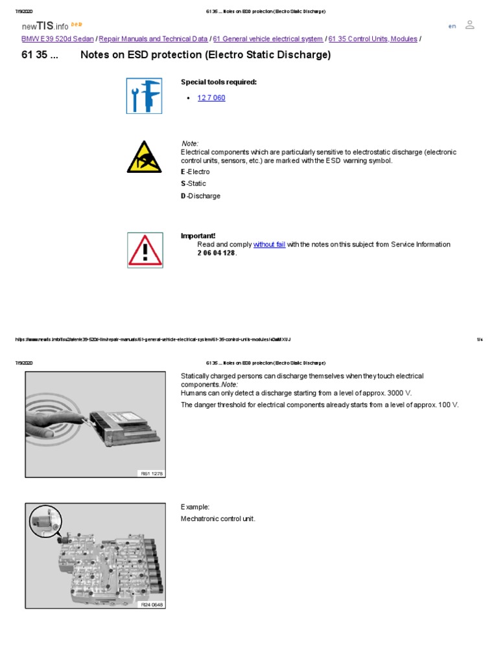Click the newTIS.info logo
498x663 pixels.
[x=45, y=25]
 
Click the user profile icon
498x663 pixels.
[x=470, y=25]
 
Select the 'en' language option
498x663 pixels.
[x=452, y=26]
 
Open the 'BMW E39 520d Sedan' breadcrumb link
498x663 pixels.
[x=58, y=39]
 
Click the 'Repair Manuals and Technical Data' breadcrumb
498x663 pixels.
[x=154, y=39]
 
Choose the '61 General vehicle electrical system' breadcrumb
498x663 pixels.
[x=268, y=39]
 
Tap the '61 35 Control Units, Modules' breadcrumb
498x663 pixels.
[x=373, y=39]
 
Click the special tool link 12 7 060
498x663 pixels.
[x=211, y=98]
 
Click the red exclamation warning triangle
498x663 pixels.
[x=145, y=251]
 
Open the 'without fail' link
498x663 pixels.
[x=269, y=245]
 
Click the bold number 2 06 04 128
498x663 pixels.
[x=216, y=253]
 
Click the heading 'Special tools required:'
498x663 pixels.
[x=219, y=82]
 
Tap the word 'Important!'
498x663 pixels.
[x=198, y=236]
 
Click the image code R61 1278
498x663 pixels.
[x=152, y=473]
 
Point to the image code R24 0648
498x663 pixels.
[x=152, y=605]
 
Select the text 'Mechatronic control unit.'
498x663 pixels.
[x=218, y=519]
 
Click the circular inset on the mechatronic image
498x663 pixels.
[x=45, y=521]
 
